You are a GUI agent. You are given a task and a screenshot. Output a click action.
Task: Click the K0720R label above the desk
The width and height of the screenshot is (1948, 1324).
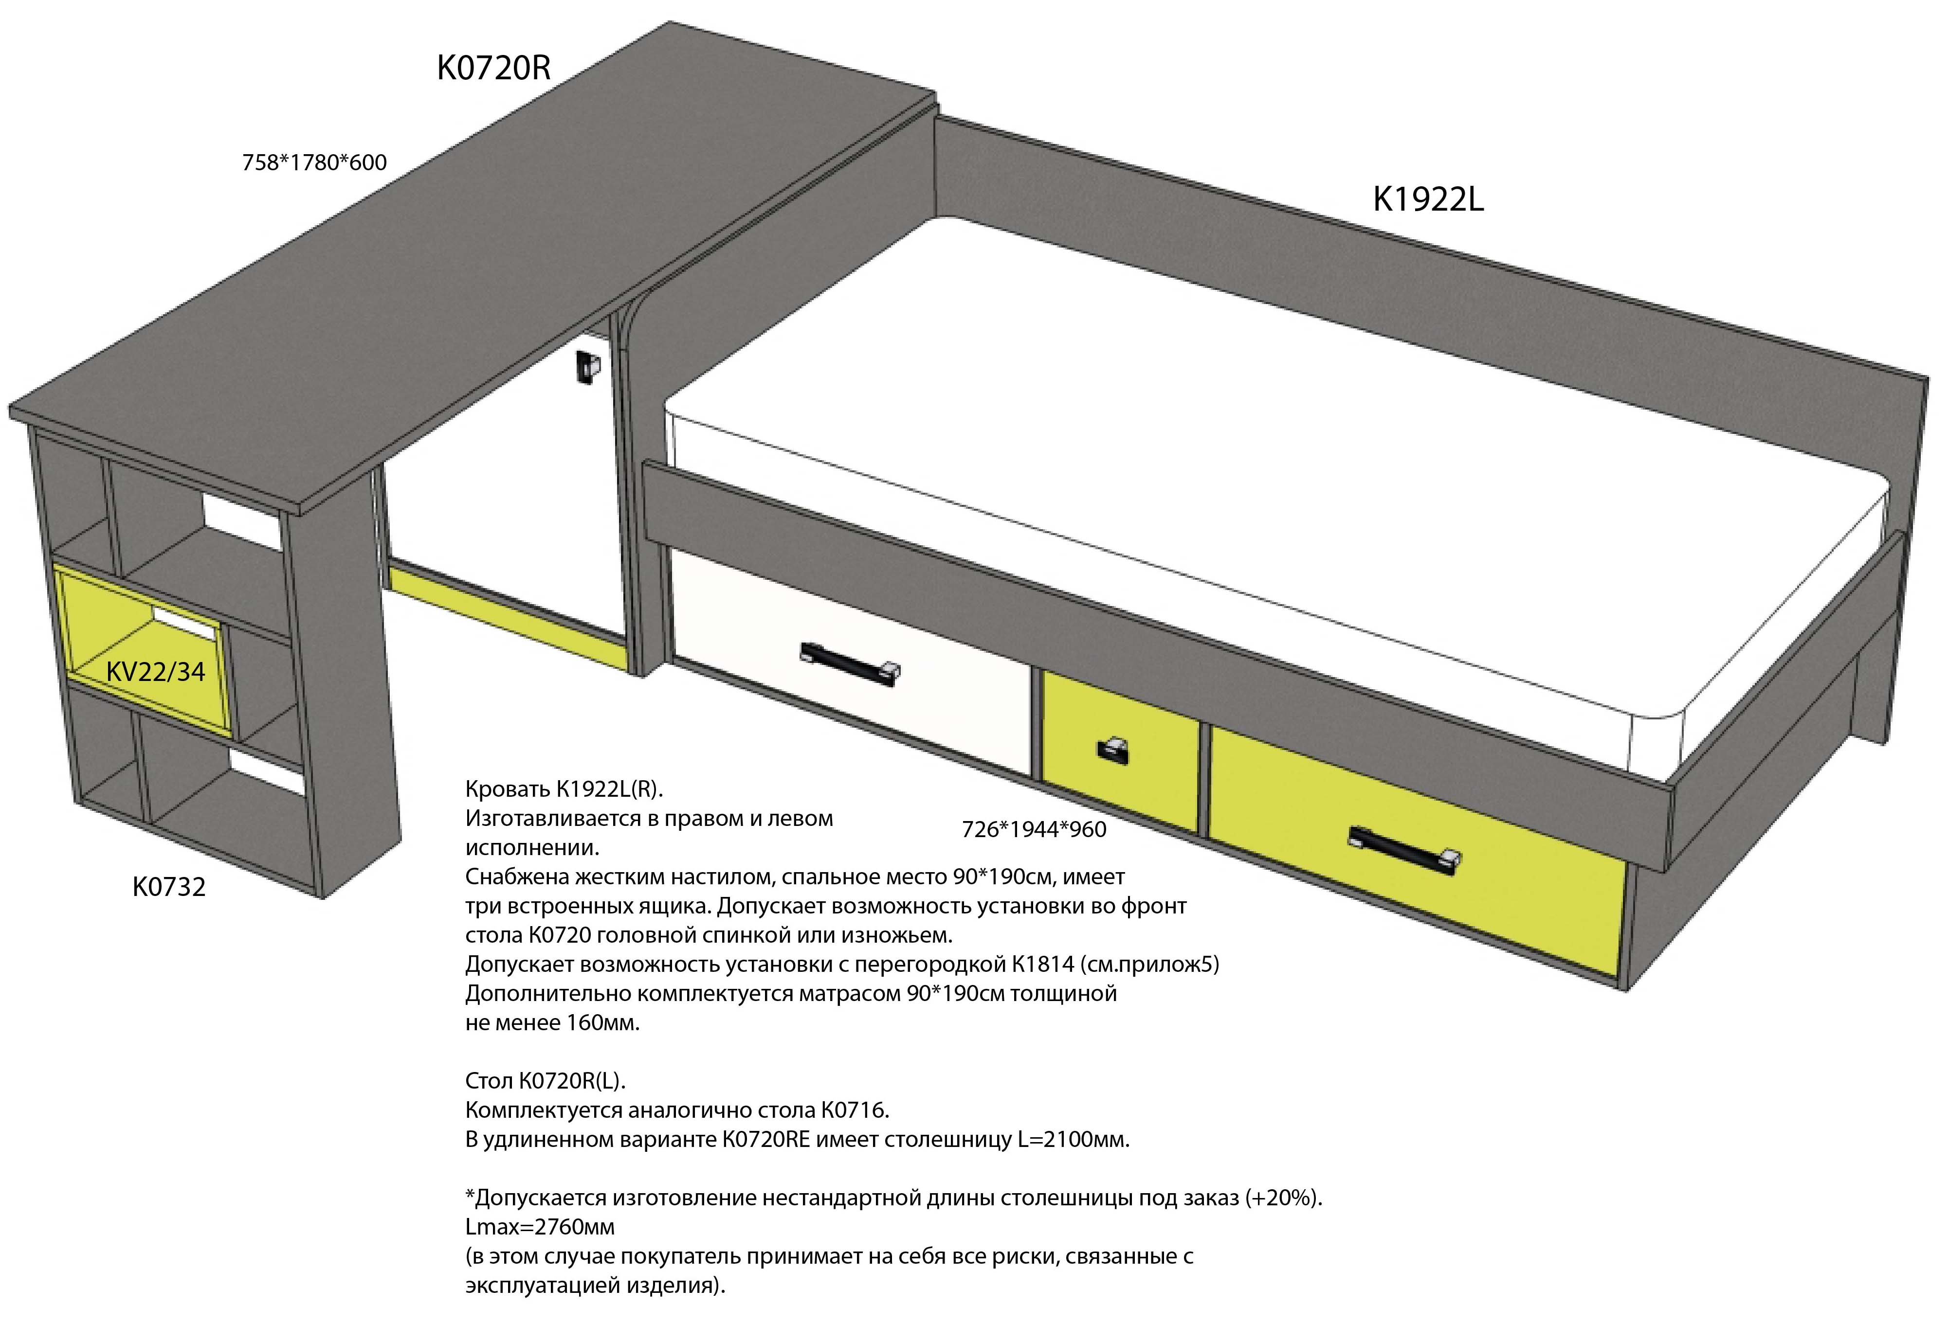tap(494, 68)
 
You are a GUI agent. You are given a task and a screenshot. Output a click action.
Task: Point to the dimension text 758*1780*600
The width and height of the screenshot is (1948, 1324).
tap(314, 162)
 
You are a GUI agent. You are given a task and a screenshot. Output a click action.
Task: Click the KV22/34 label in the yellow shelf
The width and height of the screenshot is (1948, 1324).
tap(156, 671)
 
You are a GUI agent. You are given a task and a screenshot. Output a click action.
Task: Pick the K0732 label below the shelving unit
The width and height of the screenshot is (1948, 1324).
tap(169, 887)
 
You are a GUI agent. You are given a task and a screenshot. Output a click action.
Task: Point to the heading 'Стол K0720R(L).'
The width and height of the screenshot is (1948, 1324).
tap(546, 1081)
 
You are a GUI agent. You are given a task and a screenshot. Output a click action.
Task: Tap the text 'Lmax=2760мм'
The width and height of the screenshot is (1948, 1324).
tap(540, 1227)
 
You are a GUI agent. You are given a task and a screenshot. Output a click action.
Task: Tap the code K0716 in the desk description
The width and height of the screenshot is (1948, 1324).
tap(855, 1110)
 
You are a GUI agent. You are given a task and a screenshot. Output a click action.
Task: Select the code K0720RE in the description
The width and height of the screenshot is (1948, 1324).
tap(766, 1140)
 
